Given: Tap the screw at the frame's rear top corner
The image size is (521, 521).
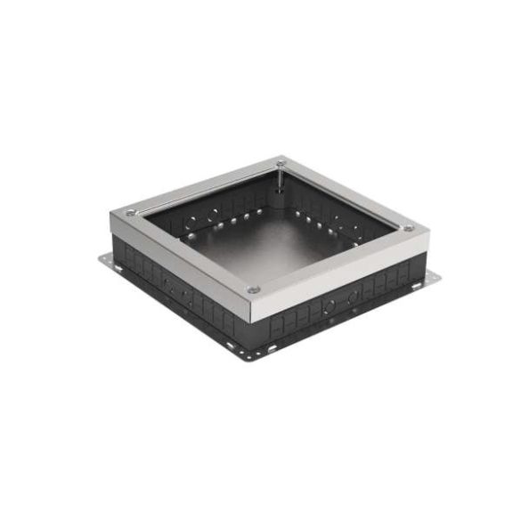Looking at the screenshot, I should click(280, 163).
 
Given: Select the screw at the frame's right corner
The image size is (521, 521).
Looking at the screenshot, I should click(409, 228).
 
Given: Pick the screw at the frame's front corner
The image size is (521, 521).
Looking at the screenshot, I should click(254, 289).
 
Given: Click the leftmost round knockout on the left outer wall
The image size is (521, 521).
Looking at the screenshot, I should click(166, 283).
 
